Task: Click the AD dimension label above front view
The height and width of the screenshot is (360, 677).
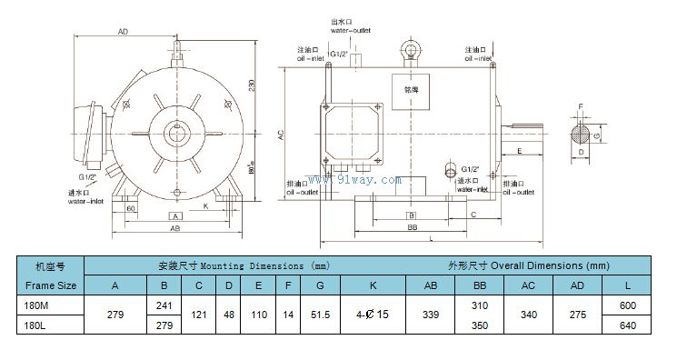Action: (x=123, y=32)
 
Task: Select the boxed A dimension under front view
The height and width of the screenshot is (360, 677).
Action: (x=176, y=215)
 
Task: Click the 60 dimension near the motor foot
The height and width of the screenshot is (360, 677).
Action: (x=132, y=208)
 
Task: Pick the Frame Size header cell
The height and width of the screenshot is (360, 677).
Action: (x=50, y=285)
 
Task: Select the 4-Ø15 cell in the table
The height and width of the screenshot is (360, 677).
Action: (x=373, y=314)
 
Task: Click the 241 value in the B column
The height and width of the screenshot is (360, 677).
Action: (x=164, y=306)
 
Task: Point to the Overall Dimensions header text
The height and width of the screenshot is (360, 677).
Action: (x=527, y=266)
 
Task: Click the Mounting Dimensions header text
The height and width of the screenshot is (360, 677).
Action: (x=244, y=266)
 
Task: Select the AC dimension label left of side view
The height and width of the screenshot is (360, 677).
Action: (x=282, y=133)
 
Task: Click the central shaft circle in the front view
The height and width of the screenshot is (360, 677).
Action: (x=175, y=134)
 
